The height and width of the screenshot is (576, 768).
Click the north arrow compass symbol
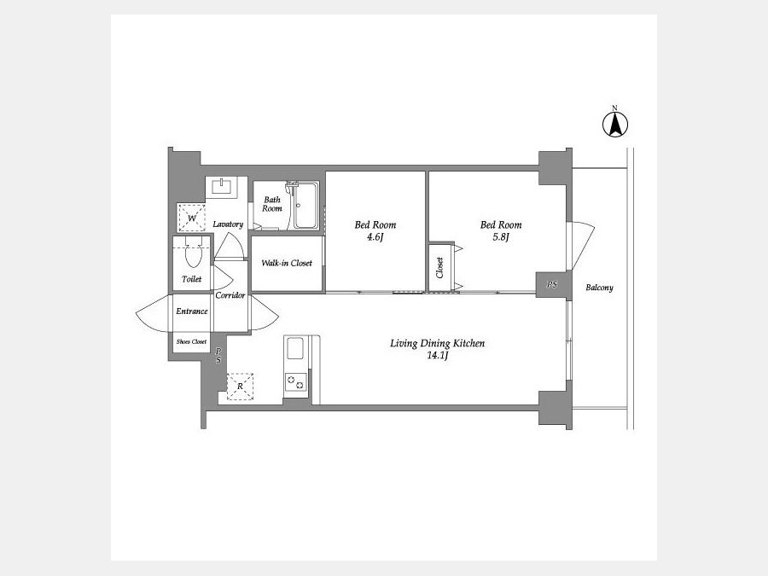pyautogui.click(x=614, y=123)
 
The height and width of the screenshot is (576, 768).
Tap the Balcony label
pyautogui.click(x=600, y=288)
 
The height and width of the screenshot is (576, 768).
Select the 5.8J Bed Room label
pyautogui.click(x=501, y=231)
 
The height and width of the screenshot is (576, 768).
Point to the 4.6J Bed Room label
pyautogui.click(x=375, y=231)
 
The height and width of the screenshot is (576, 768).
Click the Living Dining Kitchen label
pyautogui.click(x=438, y=349)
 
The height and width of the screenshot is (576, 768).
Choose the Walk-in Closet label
pyautogui.click(x=287, y=263)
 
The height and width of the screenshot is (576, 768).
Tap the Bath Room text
pyautogui.click(x=272, y=204)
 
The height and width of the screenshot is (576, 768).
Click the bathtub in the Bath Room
pyautogui.click(x=306, y=206)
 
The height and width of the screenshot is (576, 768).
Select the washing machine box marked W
pyautogui.click(x=191, y=218)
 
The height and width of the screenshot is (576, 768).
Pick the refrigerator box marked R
pyautogui.click(x=240, y=387)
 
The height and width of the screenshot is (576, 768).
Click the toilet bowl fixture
pyautogui.click(x=194, y=251)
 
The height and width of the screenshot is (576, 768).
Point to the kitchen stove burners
pyautogui.click(x=296, y=382)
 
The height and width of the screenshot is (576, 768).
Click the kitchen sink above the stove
pyautogui.click(x=295, y=348)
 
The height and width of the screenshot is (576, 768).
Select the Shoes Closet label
pyautogui.click(x=191, y=342)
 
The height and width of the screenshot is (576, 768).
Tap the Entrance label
pyautogui.click(x=191, y=311)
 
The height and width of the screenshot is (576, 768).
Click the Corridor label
pyautogui.click(x=230, y=295)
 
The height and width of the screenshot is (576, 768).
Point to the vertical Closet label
pyautogui.click(x=439, y=267)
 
